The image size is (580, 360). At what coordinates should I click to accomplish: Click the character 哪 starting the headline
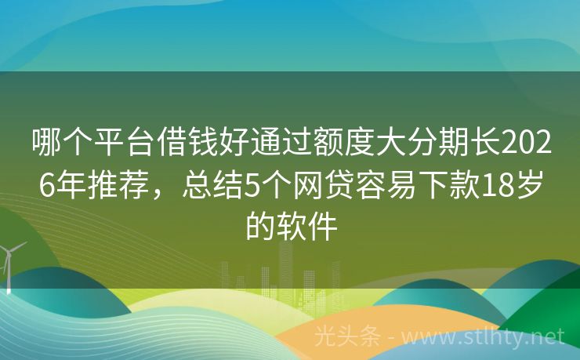tap(45, 144)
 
